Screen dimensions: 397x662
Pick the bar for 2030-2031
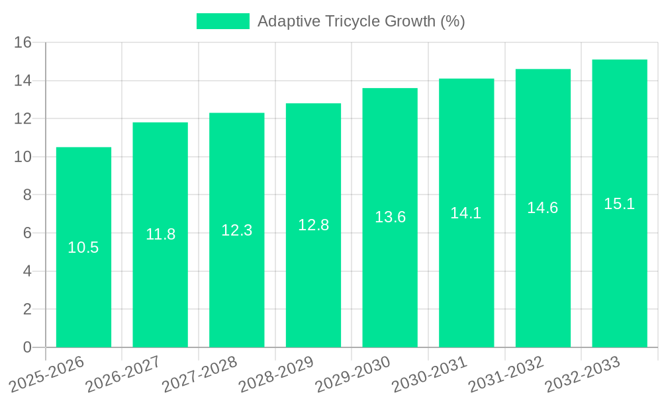466,278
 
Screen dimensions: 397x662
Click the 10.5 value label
83,247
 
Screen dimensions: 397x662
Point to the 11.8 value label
160,234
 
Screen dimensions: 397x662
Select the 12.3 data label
237,230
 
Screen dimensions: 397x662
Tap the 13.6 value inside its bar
390,217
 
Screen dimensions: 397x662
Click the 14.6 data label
543,208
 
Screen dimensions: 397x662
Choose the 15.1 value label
620,204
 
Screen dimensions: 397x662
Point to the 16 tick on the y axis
23,43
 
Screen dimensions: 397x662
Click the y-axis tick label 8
27,195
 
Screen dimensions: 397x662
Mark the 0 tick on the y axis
27,347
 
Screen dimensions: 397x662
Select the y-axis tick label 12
23,119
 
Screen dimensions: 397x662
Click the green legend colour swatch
223,21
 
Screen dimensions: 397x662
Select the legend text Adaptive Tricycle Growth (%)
361,21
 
